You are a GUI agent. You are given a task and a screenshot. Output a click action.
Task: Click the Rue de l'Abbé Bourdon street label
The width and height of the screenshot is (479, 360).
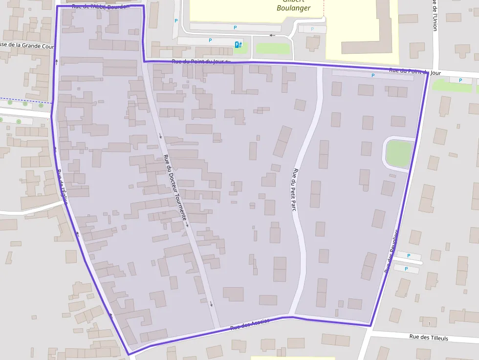[x=100, y=7]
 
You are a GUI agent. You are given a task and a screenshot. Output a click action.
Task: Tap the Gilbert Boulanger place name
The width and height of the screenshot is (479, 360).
[x=293, y=5]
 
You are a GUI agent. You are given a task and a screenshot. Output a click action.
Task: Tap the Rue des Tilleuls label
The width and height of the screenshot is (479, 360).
[x=428, y=337]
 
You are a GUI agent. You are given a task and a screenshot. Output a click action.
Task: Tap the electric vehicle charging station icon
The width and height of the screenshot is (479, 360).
[x=238, y=44]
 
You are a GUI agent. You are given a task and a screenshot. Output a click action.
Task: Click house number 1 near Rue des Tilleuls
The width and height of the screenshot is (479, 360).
[x=429, y=324]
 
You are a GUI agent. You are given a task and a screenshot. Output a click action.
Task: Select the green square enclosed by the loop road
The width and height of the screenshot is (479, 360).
[x=399, y=153]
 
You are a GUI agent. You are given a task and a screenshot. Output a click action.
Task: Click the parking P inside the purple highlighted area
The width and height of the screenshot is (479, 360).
[x=373, y=75]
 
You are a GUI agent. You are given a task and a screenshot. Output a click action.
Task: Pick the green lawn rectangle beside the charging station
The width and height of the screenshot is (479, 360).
[x=273, y=48]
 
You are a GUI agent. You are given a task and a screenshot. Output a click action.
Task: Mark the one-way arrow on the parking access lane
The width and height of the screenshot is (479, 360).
[x=272, y=35]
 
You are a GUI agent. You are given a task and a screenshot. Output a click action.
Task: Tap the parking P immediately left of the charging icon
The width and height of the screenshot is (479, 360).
[x=211, y=40]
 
